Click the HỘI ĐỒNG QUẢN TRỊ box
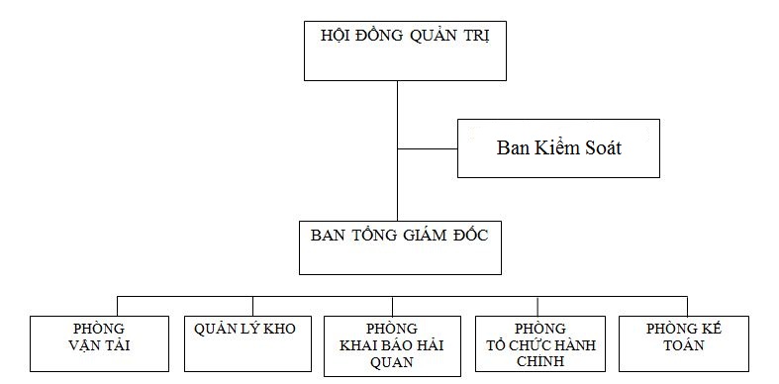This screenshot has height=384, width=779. coord(397,49)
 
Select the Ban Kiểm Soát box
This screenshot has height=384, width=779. coord(558,148)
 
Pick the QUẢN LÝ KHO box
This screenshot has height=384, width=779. coord(252,343)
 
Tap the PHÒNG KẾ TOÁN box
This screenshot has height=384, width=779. coord(683,343)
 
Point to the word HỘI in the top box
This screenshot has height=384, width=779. coord(337,36)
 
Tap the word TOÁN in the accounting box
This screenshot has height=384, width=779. coord(683,346)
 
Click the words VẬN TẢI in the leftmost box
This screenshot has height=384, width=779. coord(101,346)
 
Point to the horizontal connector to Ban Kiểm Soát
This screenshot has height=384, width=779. coord(427,148)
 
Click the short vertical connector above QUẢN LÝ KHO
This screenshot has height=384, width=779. coord(252,305)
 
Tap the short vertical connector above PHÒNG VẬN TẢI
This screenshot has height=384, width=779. coord(119,305)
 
